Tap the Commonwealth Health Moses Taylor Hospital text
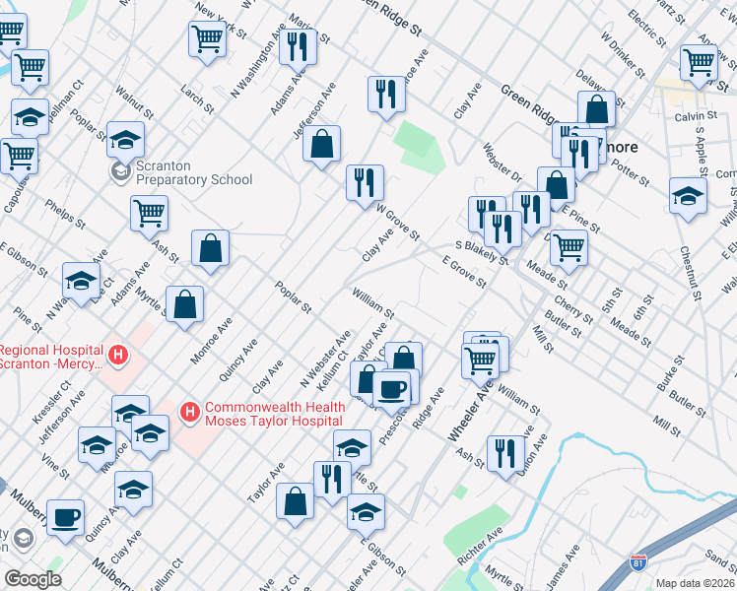[x=276, y=414]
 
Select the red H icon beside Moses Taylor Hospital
[x=187, y=409]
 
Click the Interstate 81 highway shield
[x=638, y=563]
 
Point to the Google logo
[x=33, y=579]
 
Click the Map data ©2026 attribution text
[x=694, y=583]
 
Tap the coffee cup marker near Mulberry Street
[x=65, y=517]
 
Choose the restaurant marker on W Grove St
[x=365, y=181]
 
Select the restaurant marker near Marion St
[x=297, y=46]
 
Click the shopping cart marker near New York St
[x=207, y=39]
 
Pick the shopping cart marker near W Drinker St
[x=699, y=61]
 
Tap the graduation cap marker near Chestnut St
[x=687, y=194]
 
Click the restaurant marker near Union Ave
[x=505, y=453]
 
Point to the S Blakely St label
[x=481, y=252]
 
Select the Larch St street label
[x=197, y=97]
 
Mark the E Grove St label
[x=464, y=273]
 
